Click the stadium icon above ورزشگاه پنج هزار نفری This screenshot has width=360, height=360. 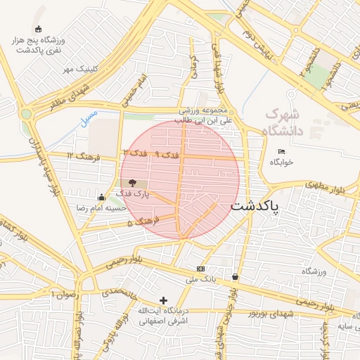click(x=38, y=29)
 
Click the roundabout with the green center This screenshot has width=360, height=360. click(x=27, y=113)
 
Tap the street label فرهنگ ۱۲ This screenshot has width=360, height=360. click(x=79, y=155)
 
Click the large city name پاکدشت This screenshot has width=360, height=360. click(x=255, y=207)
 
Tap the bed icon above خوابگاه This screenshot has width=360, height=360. click(x=281, y=151)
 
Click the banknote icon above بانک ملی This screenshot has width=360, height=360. click(x=201, y=269)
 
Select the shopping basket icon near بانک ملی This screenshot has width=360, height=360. click(x=234, y=277)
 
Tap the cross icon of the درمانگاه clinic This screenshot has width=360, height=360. click(x=164, y=300)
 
